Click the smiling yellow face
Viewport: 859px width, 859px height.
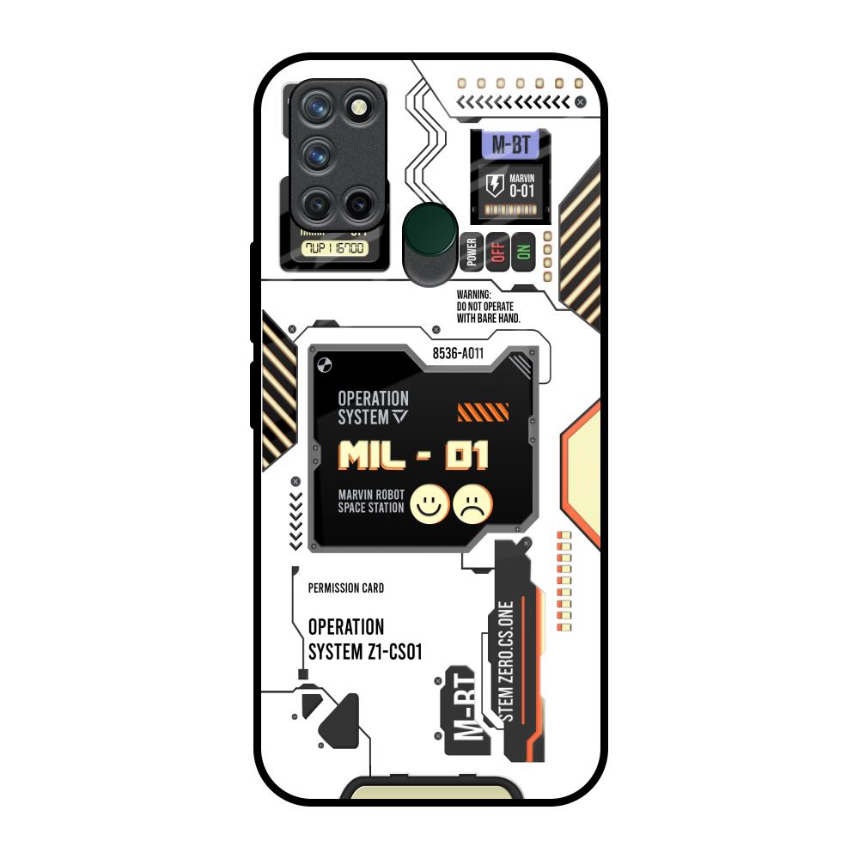tap(427, 504)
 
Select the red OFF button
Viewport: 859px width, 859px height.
tap(497, 252)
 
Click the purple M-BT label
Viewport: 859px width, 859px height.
tap(510, 145)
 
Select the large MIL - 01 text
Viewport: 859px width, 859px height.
tap(414, 455)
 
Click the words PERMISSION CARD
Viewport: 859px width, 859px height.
tap(345, 588)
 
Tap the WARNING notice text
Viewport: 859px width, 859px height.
tap(489, 306)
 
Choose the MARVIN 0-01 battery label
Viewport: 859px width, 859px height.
tap(521, 186)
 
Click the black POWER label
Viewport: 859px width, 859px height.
tap(472, 252)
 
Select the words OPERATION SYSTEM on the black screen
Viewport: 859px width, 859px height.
tap(373, 408)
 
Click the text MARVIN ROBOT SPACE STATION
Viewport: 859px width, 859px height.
tap(370, 502)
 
